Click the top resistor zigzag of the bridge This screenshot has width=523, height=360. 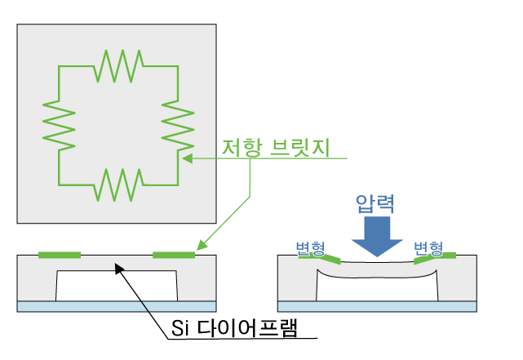(x=118, y=64)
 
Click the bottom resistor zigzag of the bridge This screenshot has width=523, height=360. (x=118, y=184)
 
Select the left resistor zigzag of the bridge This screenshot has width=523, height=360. (x=59, y=124)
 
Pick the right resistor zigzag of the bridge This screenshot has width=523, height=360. (x=179, y=124)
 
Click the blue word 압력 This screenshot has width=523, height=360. (x=375, y=202)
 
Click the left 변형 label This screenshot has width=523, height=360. (x=312, y=247)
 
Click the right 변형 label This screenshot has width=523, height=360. (x=428, y=247)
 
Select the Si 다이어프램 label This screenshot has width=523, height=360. (x=232, y=328)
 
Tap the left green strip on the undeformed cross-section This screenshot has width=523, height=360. (x=60, y=255)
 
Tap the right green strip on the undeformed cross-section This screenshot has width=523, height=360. (x=174, y=255)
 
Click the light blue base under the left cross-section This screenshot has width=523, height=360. (x=117, y=306)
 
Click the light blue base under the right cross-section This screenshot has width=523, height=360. (x=378, y=306)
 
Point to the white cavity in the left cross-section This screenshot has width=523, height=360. (x=117, y=286)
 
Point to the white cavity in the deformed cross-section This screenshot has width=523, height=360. (x=378, y=286)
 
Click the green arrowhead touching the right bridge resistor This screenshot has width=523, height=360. (x=185, y=158)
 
